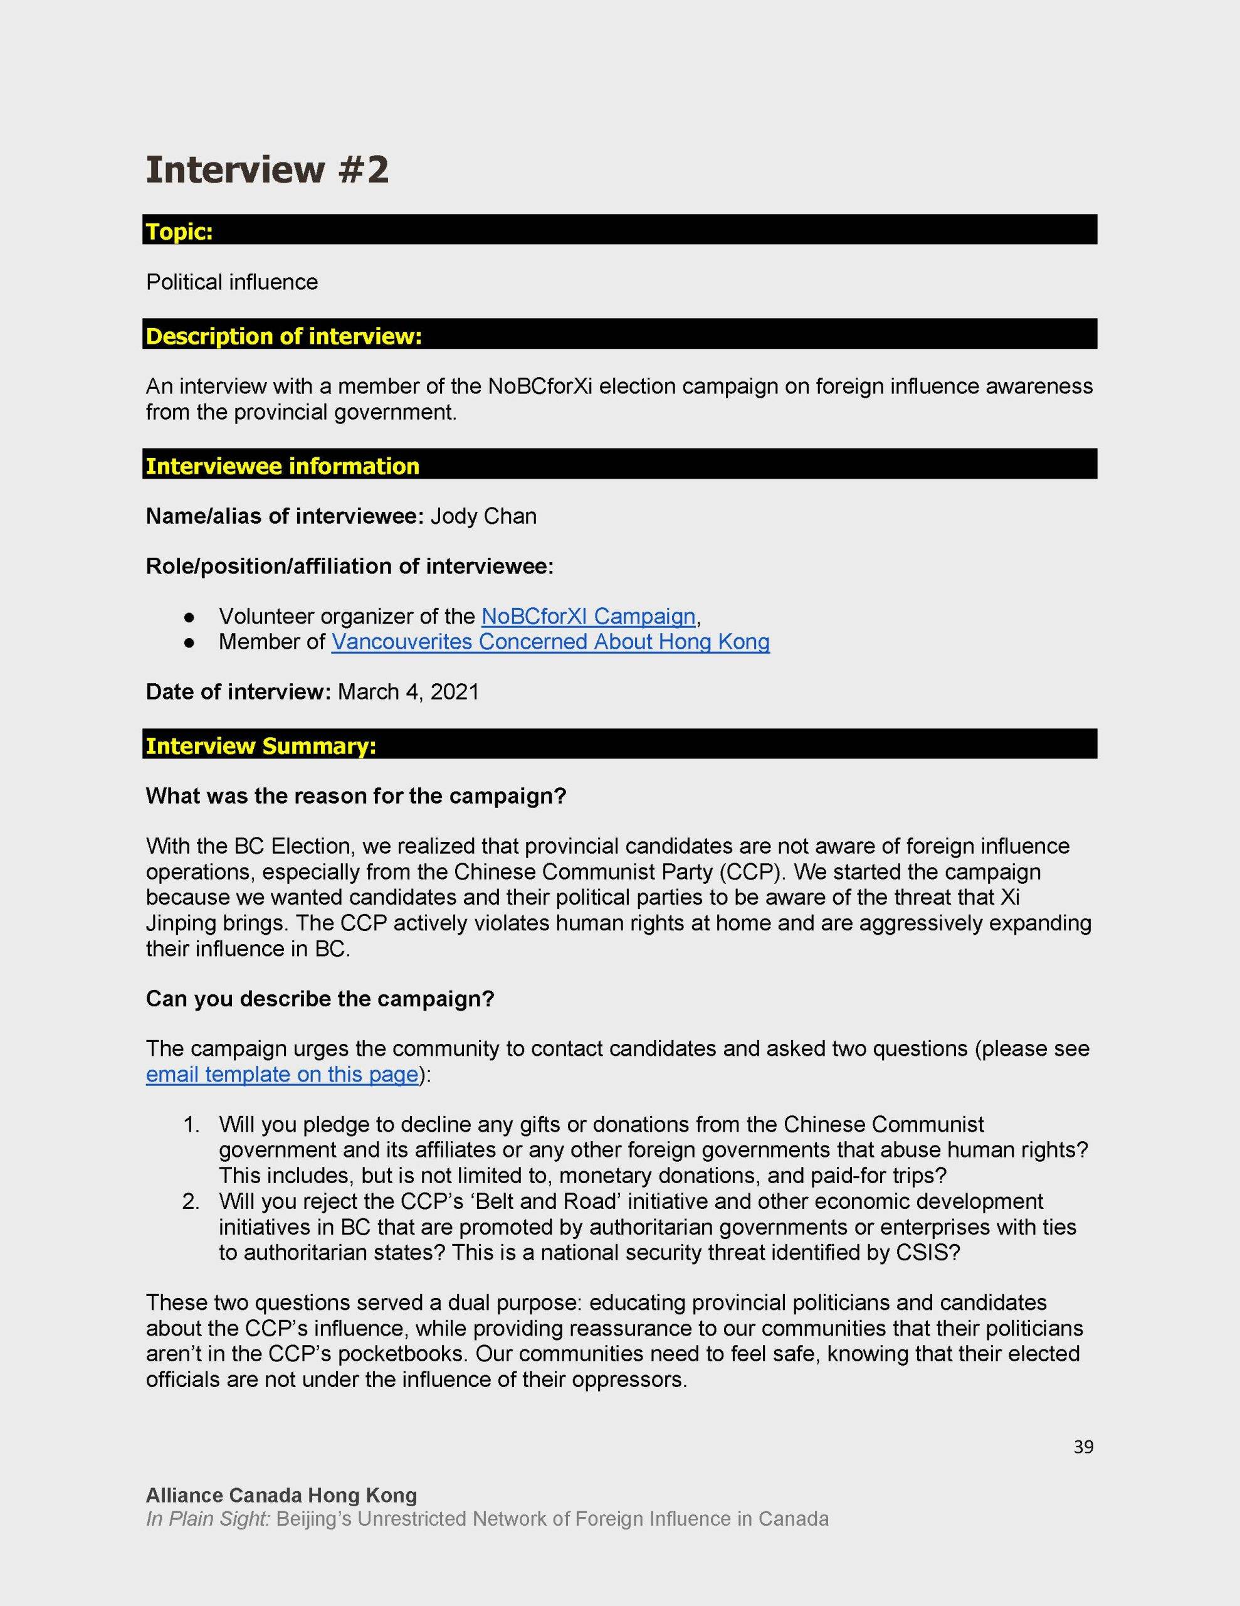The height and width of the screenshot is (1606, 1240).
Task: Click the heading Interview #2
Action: pyautogui.click(x=267, y=170)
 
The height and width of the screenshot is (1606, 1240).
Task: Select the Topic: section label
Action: pyautogui.click(x=179, y=232)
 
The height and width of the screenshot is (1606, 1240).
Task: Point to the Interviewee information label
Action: pyautogui.click(x=282, y=466)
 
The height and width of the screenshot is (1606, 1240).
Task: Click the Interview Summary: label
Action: pyautogui.click(x=261, y=747)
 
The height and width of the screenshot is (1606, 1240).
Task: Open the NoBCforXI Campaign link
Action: pyautogui.click(x=588, y=616)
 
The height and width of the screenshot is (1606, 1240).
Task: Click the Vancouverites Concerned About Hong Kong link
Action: pyautogui.click(x=550, y=642)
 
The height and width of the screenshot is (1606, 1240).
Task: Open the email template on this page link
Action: pyautogui.click(x=281, y=1075)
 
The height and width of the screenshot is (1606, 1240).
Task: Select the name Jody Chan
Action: pyautogui.click(x=484, y=516)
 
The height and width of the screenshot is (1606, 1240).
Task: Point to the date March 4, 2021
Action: pyautogui.click(x=408, y=692)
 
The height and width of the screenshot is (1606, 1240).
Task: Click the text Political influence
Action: pyautogui.click(x=231, y=282)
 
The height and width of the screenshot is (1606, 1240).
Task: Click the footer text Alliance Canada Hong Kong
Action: pyautogui.click(x=281, y=1495)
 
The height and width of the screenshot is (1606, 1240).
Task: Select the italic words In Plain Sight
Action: pyautogui.click(x=208, y=1519)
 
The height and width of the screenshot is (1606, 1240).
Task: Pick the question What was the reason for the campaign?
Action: pyautogui.click(x=357, y=796)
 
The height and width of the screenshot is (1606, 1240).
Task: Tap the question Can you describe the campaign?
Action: pyautogui.click(x=320, y=999)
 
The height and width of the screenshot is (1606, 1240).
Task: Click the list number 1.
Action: pyautogui.click(x=191, y=1125)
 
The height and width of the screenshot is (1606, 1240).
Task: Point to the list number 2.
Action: pyautogui.click(x=191, y=1201)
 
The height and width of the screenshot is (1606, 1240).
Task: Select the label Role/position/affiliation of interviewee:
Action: pyautogui.click(x=349, y=566)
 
